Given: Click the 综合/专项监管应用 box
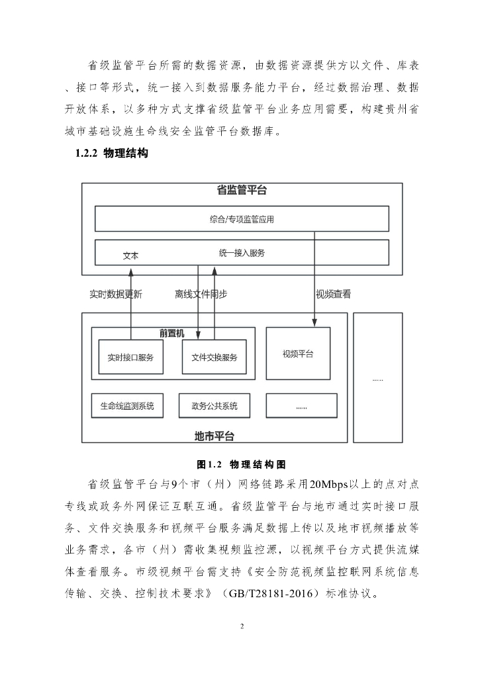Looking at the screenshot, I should coord(242,219).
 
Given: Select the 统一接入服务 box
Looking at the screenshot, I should coord(242,252).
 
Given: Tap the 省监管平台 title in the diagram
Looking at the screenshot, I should coord(242,191).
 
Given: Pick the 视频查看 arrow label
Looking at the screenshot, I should coord(333,294).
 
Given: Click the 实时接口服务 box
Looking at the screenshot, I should coord(130,357).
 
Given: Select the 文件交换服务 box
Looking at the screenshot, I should coord(214,357).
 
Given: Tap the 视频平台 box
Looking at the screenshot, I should coord(298,354).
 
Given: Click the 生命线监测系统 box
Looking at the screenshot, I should coord(131,405).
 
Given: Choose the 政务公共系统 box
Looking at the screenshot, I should coord(214,405).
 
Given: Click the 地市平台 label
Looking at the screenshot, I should coord(214,436).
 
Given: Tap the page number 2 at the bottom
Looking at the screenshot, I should coord(242,626).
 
